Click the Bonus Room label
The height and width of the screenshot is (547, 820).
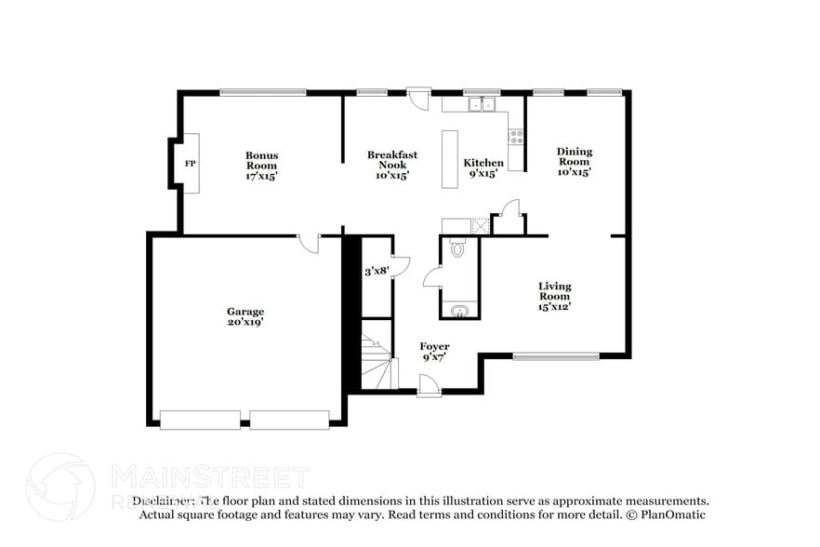coord(261,166)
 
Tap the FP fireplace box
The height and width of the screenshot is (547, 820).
coord(190,164)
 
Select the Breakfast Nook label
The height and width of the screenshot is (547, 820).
coord(391,165)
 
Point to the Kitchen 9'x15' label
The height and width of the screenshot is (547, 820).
coord(483,167)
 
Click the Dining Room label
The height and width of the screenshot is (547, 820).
coord(574,161)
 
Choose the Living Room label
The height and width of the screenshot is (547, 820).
coord(555,296)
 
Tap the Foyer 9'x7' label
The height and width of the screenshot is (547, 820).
coord(434,352)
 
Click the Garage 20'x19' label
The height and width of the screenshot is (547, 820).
coord(245,316)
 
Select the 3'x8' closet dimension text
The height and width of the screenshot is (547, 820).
coord(376,271)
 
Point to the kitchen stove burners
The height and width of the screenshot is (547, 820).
coord(515,137)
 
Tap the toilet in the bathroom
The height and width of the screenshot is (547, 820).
coord(456,248)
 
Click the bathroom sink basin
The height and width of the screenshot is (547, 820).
coord(458,311)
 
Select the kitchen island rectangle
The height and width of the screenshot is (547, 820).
coord(451,159)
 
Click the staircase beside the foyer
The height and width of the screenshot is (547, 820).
coord(377,366)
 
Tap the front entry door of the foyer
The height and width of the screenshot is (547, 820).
coord(430,384)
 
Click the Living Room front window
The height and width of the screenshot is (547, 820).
coord(556,355)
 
